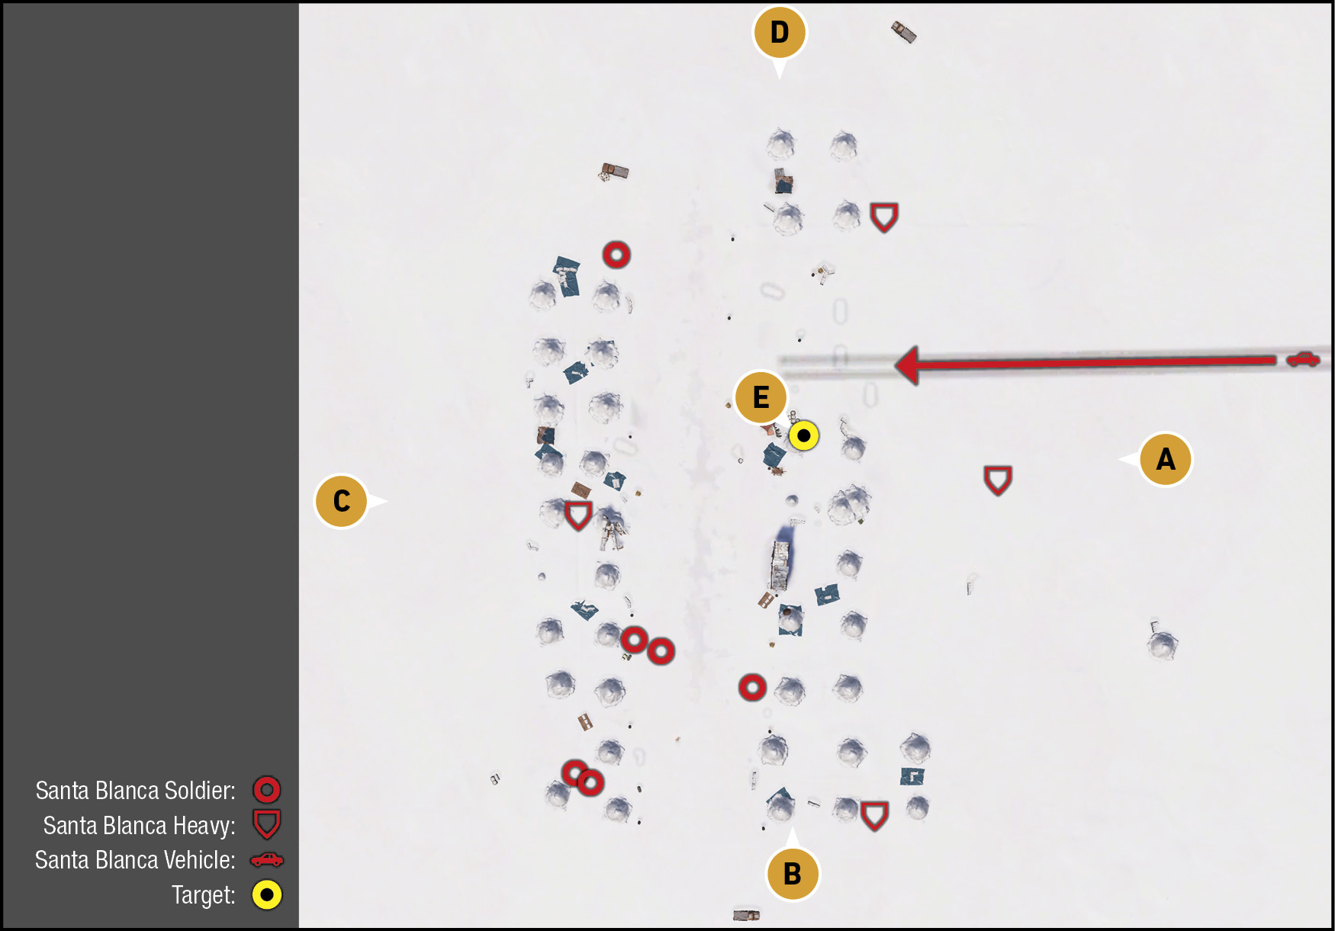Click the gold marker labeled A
[x=1164, y=459]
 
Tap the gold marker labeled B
[x=793, y=873]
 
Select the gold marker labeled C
[x=342, y=501]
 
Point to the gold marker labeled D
[x=779, y=33]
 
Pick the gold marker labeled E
[x=761, y=397]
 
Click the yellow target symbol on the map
[x=803, y=436]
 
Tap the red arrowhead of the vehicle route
[x=907, y=365]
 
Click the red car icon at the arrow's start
[x=1303, y=358]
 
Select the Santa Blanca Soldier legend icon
[x=267, y=790]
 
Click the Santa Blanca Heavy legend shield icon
[x=267, y=824]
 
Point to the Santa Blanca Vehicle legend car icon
[x=267, y=860]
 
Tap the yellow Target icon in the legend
[x=267, y=895]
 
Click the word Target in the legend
[x=204, y=895]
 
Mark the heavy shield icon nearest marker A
[x=997, y=480]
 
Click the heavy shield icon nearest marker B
[x=874, y=816]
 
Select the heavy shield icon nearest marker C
[x=578, y=515]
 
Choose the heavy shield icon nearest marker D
[x=884, y=218]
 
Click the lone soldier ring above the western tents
[x=616, y=255]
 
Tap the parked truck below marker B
[x=746, y=914]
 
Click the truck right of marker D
[x=903, y=32]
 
